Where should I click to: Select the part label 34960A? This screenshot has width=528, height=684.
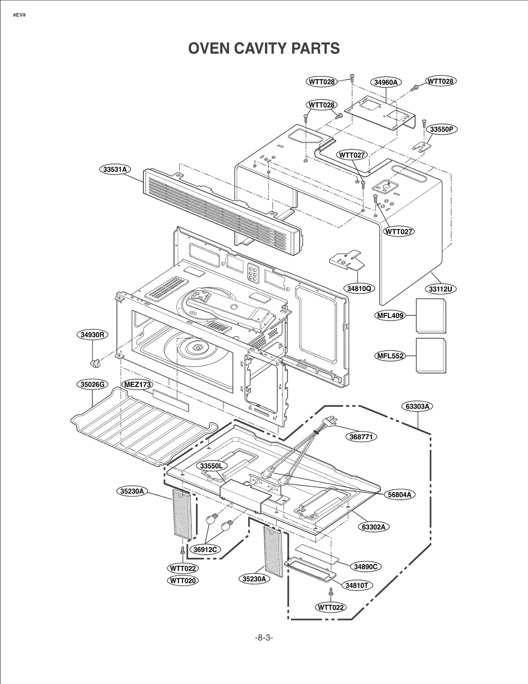[385, 82]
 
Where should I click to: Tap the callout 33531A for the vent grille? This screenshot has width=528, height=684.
[115, 169]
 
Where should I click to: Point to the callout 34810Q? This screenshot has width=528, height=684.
[359, 288]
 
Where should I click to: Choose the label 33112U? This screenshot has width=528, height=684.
[440, 289]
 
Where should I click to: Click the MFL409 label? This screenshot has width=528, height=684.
[390, 315]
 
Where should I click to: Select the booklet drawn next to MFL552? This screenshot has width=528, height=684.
[431, 355]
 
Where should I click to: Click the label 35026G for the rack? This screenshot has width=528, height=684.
[92, 384]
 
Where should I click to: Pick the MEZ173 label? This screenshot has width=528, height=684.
[138, 384]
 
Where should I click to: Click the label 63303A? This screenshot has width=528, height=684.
[417, 406]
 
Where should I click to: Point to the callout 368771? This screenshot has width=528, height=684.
[361, 437]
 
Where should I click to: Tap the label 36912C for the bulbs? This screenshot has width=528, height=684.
[205, 549]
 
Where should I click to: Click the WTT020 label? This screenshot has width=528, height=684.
[183, 580]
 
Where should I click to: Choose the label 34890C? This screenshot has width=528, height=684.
[366, 567]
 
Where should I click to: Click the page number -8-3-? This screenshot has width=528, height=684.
[264, 637]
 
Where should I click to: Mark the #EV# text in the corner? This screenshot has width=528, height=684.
[19, 15]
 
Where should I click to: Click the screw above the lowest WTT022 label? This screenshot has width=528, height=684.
[331, 592]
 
